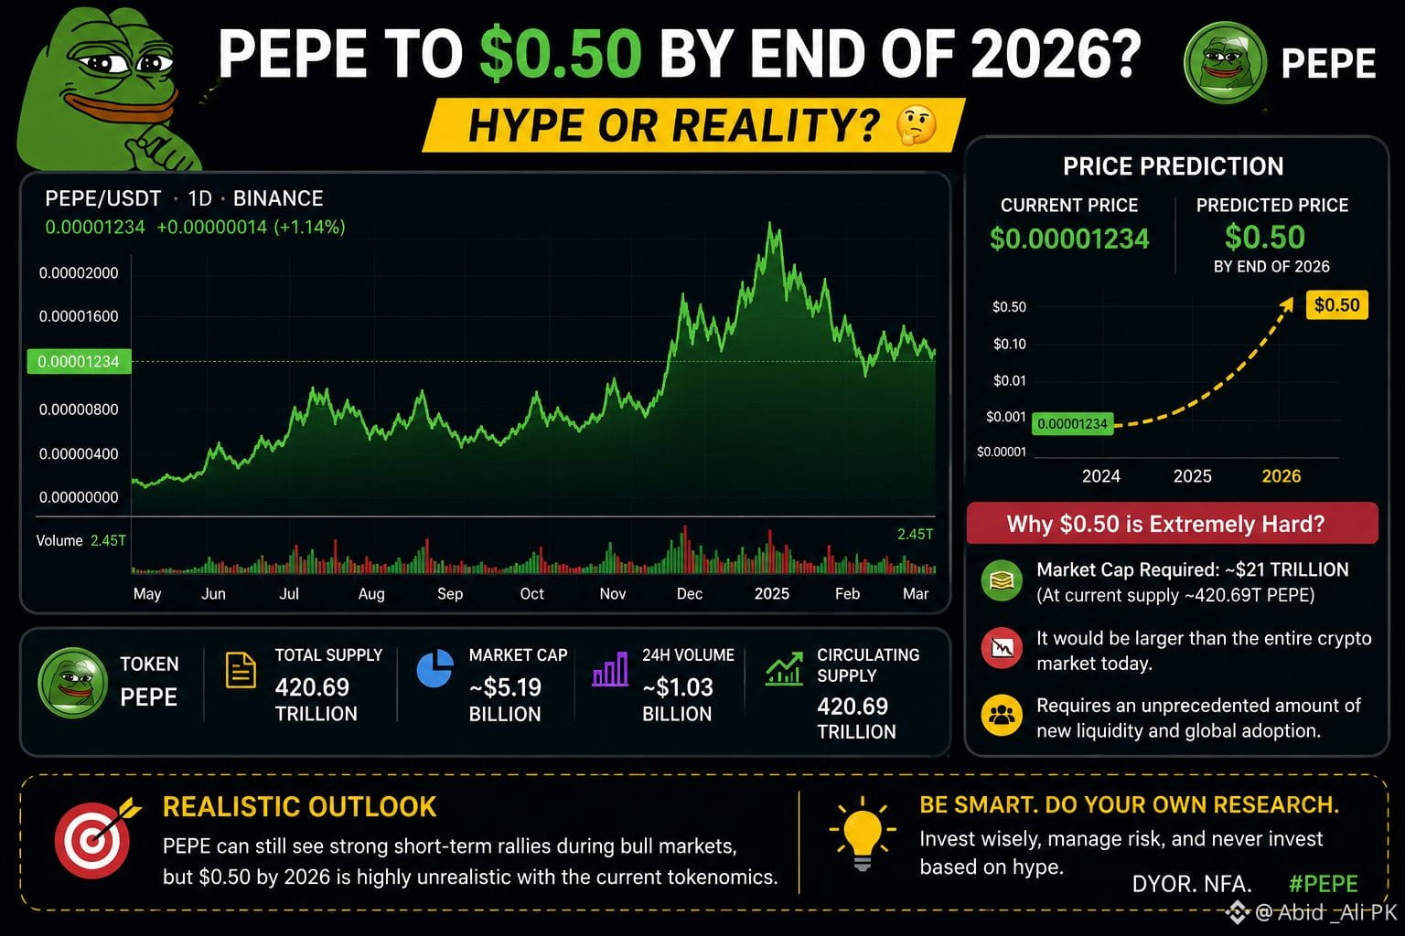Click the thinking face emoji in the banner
click(x=916, y=124)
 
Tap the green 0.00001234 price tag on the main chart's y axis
click(x=79, y=361)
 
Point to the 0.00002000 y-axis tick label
click(x=79, y=272)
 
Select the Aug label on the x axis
click(x=371, y=593)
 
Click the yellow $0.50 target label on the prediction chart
click(x=1336, y=304)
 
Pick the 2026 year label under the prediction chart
click(x=1281, y=476)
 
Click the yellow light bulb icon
click(x=863, y=834)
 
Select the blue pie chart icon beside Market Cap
click(x=434, y=668)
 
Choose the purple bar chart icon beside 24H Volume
click(x=610, y=668)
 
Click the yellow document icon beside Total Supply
click(x=241, y=670)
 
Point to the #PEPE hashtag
click(x=1324, y=883)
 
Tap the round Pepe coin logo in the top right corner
click(x=1225, y=62)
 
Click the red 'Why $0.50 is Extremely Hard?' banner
click(x=1173, y=523)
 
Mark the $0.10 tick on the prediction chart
click(x=1009, y=344)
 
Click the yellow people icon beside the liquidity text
click(x=1002, y=715)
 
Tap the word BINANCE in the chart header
click(x=278, y=198)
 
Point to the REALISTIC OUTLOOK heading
click(x=299, y=807)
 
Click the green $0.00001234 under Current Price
click(x=1068, y=239)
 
